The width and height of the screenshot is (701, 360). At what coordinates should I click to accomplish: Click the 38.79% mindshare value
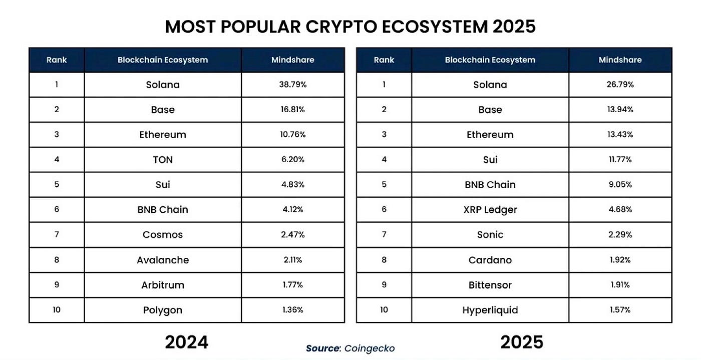pyautogui.click(x=292, y=85)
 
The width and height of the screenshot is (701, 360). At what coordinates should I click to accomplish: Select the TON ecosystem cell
pyautogui.click(x=163, y=160)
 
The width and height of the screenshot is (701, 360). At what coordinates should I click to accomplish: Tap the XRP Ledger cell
pyautogui.click(x=490, y=210)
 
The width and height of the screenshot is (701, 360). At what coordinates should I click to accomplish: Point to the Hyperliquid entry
pyautogui.click(x=490, y=310)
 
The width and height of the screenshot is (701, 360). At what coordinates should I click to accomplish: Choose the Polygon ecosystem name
pyautogui.click(x=163, y=310)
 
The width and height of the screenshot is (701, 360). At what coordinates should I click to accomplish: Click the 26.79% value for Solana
pyautogui.click(x=620, y=85)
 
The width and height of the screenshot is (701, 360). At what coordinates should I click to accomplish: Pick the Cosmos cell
pyautogui.click(x=163, y=235)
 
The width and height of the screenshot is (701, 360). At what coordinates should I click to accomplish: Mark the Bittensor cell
pyautogui.click(x=490, y=285)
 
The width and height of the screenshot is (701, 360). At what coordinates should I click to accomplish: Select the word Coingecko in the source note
pyautogui.click(x=370, y=348)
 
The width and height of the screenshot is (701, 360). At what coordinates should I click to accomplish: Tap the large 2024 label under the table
pyautogui.click(x=186, y=342)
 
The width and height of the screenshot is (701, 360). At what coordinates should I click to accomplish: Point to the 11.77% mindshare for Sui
pyautogui.click(x=620, y=160)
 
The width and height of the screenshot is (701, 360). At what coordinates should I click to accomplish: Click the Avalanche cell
pyautogui.click(x=163, y=260)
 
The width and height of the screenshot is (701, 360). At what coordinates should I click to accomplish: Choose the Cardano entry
pyautogui.click(x=490, y=260)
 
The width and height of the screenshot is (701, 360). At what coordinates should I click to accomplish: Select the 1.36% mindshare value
pyautogui.click(x=292, y=310)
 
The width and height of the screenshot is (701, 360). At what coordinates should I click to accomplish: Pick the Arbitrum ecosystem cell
pyautogui.click(x=163, y=285)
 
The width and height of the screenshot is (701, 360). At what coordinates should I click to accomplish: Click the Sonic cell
pyautogui.click(x=490, y=235)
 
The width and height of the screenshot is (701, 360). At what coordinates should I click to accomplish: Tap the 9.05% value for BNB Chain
pyautogui.click(x=620, y=185)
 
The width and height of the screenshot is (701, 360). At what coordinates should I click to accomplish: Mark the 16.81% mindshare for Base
pyautogui.click(x=292, y=110)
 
